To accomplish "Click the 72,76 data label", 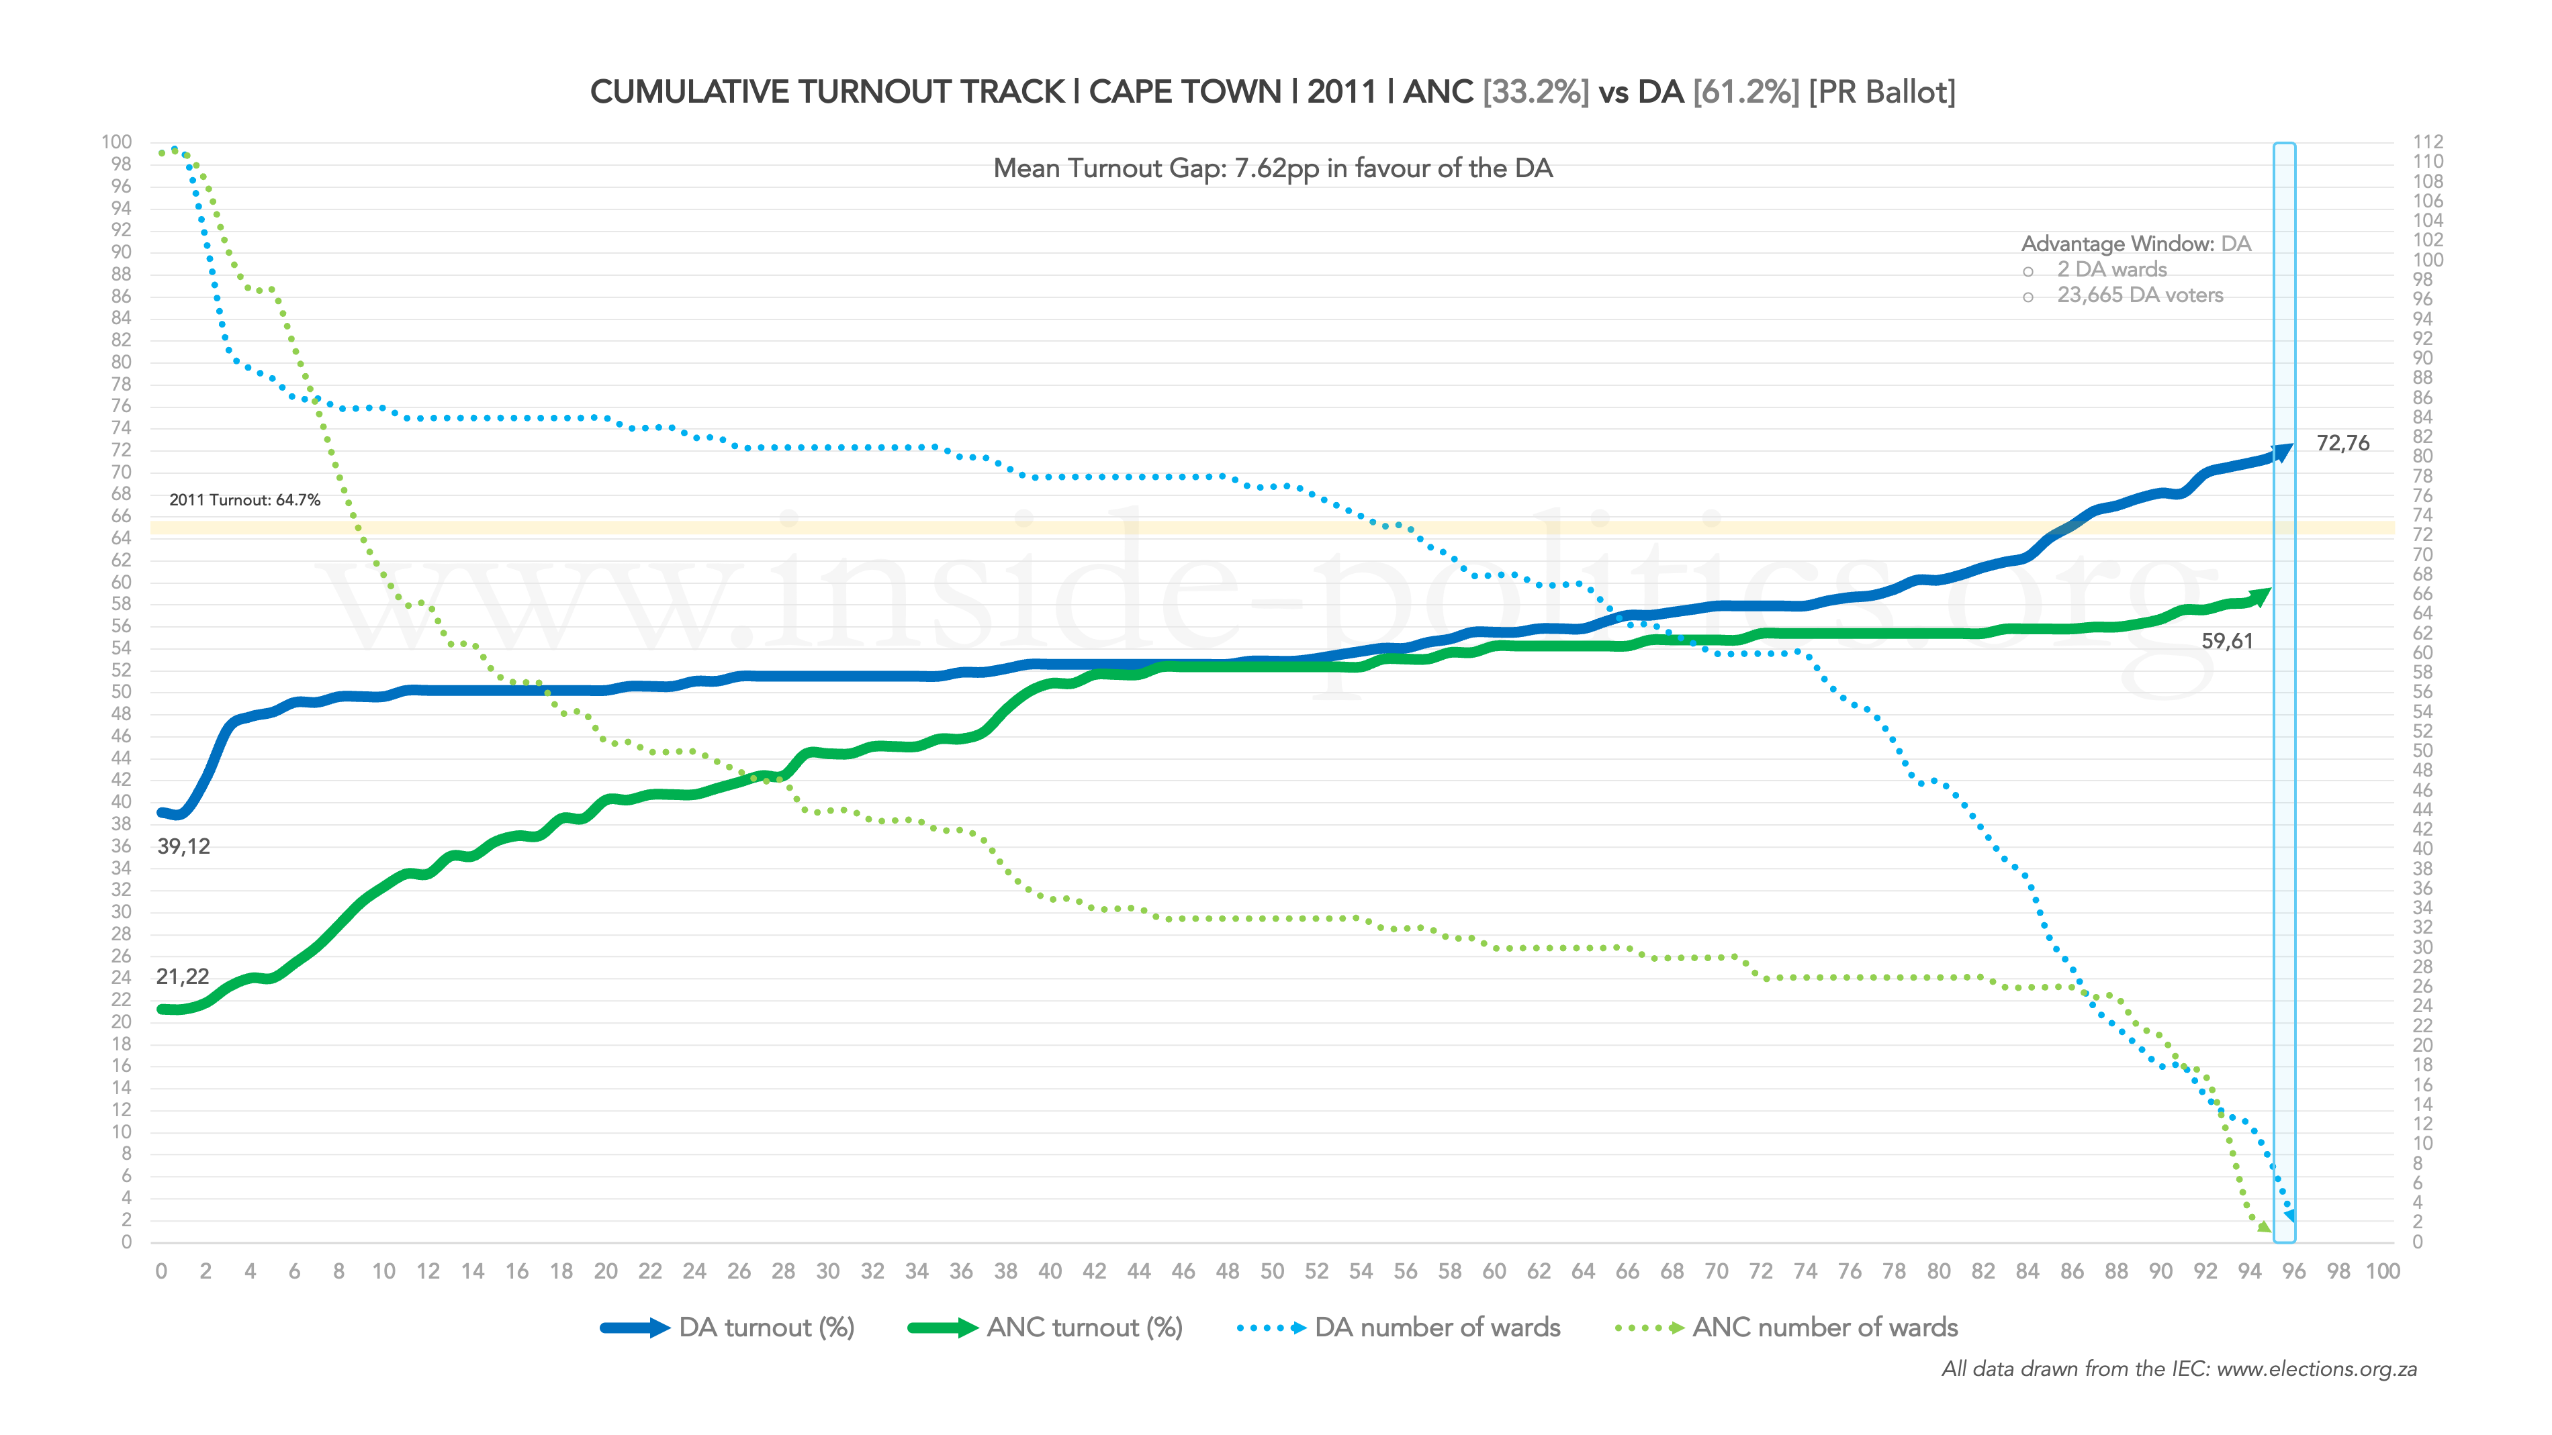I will point(2342,444).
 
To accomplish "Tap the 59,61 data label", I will point(2227,642).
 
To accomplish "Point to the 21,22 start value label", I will point(182,977).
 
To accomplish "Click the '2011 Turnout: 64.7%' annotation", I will point(244,500).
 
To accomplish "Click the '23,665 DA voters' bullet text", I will point(2140,295).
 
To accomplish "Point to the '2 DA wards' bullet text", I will point(2111,269).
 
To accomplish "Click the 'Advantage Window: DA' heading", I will point(2136,244).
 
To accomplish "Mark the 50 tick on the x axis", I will point(1272,1272).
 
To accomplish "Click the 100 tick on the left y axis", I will point(116,142).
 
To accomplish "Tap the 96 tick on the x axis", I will point(2293,1272).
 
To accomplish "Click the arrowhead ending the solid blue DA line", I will point(2283,452).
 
